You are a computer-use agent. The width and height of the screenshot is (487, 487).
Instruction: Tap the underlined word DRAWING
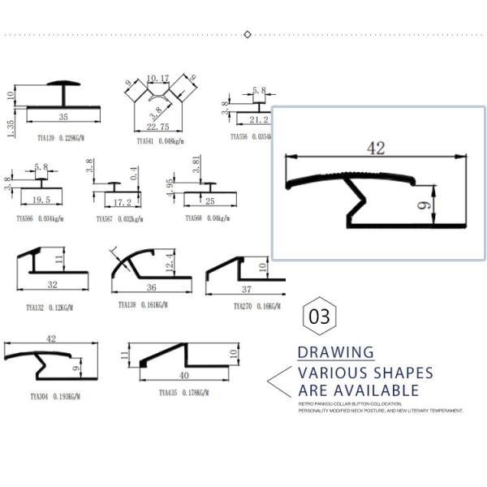tap(335, 353)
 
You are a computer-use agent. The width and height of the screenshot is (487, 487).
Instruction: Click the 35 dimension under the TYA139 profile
tap(63, 118)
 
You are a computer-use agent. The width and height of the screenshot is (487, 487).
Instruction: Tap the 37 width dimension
tap(246, 290)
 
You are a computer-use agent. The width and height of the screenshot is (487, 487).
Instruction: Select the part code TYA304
tap(42, 397)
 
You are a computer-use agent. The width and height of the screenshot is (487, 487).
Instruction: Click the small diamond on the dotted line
tap(248, 34)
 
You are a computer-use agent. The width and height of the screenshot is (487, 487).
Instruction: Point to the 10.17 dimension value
tap(157, 79)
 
